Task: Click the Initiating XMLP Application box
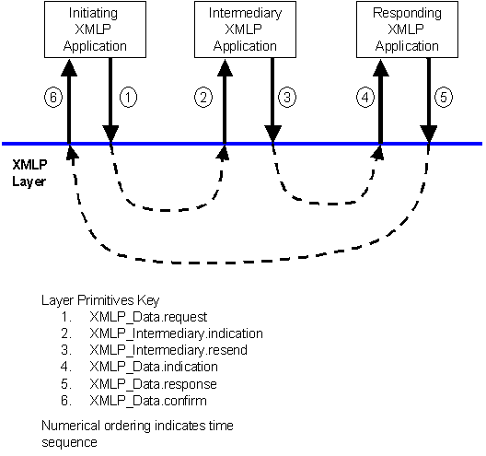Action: pos(95,29)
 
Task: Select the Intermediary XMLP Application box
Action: pos(245,29)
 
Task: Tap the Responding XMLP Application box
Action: pos(407,29)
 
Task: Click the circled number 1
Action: pos(128,98)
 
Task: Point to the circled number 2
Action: pos(203,98)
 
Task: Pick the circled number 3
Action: pos(287,98)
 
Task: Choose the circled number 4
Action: pos(365,98)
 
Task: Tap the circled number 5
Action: pos(444,98)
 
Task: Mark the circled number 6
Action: pos(53,98)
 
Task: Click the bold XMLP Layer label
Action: pos(29,173)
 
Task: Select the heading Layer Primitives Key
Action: pos(100,300)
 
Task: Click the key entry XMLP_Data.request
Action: pos(148,317)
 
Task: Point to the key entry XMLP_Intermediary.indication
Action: pos(177,333)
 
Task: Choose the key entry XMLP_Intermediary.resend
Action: pos(168,350)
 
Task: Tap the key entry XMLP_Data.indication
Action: pos(154,367)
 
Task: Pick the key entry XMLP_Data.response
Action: pos(154,384)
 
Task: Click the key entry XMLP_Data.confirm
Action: pos(148,401)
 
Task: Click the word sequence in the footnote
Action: pos(69,443)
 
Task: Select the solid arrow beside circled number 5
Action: pos(429,100)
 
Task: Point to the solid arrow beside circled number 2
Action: pos(225,101)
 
